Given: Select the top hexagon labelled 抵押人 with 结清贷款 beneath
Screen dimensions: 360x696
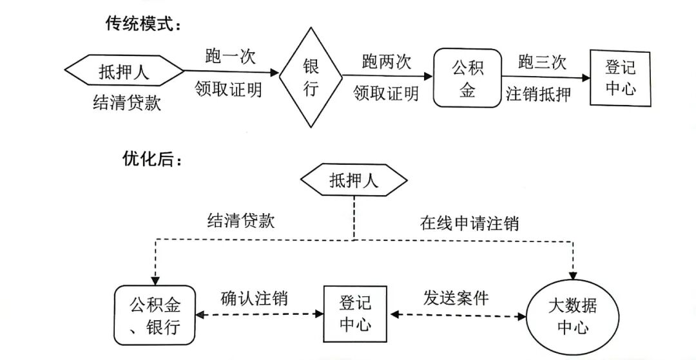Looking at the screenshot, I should coord(124,71).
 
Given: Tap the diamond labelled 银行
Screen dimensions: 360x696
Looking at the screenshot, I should coord(311,78).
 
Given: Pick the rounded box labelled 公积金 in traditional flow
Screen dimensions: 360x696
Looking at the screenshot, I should coord(467,78).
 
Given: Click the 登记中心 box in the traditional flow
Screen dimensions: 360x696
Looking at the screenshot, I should coord(621,78).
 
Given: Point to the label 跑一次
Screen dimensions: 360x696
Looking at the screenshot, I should coord(230,57).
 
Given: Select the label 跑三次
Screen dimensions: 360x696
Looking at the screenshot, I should coord(542,62).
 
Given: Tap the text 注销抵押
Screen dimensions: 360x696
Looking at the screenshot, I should coord(539,94).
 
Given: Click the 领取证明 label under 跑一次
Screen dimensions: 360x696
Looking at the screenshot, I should coord(229,90).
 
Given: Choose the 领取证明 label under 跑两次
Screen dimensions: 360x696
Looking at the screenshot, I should coord(386,94).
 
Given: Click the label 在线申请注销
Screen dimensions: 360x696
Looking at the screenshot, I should coord(469,223).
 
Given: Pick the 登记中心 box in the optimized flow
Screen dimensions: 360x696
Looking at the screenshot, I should coord(355,312).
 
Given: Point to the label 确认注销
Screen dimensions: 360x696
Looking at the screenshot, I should coord(254,298).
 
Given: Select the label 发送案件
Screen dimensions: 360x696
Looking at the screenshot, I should coord(456,298).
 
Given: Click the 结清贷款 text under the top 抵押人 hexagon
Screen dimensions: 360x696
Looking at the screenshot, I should coord(126,103).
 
